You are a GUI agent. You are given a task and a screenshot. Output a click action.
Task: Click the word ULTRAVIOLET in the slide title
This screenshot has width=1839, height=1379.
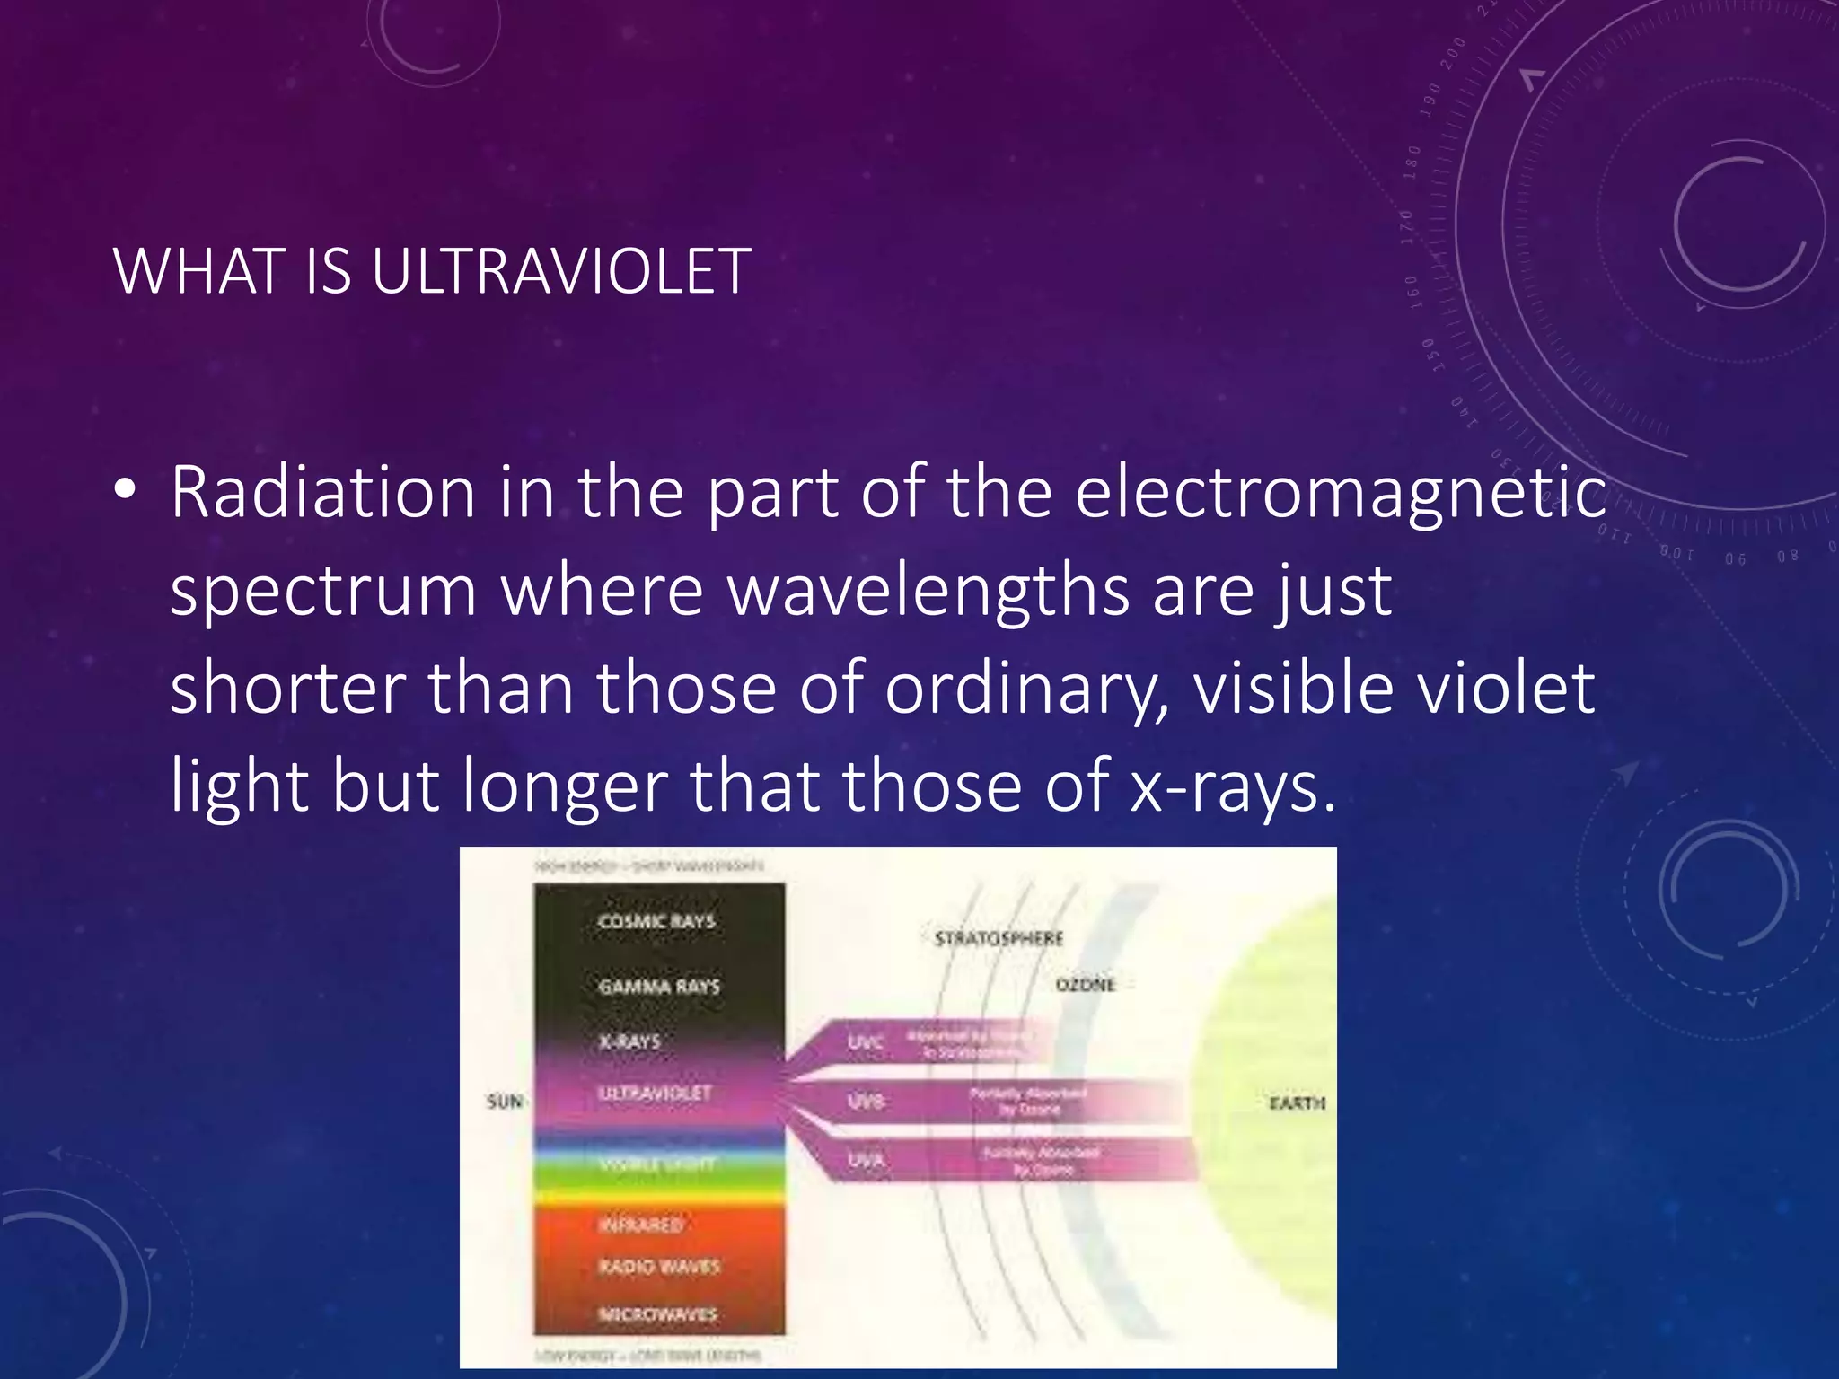tap(561, 271)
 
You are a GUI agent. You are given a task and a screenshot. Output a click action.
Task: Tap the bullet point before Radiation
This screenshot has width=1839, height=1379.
tap(126, 490)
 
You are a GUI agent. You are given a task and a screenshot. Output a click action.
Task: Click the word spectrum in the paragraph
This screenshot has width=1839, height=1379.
tap(323, 593)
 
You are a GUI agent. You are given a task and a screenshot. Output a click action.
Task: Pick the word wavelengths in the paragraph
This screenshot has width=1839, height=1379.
tap(928, 593)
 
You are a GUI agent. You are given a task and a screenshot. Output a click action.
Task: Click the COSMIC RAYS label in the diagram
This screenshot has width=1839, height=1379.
tap(656, 922)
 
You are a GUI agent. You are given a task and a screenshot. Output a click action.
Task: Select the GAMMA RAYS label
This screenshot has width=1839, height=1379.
tap(659, 987)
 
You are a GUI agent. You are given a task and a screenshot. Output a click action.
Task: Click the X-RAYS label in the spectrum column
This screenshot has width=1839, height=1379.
tap(629, 1042)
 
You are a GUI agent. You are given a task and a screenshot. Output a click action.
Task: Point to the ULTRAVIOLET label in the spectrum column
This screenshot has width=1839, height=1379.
tap(655, 1094)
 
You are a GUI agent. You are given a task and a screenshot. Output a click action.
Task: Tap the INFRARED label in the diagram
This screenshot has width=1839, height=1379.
tap(641, 1225)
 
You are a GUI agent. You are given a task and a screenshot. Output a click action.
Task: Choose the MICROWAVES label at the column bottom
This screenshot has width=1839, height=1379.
tap(658, 1314)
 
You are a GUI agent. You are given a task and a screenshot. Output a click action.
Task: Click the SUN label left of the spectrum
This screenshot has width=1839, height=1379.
tap(504, 1102)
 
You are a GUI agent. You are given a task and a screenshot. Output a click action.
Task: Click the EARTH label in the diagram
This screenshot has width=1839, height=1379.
tap(1297, 1102)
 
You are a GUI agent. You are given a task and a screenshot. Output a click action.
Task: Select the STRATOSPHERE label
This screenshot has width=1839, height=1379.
tap(999, 939)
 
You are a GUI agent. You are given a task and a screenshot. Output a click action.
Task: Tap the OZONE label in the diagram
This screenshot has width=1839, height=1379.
tap(1085, 985)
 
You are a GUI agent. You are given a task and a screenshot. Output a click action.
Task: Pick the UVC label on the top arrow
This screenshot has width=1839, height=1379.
tap(866, 1042)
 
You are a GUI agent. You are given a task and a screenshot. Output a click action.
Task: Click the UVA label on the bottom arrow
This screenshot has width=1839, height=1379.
tap(866, 1161)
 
